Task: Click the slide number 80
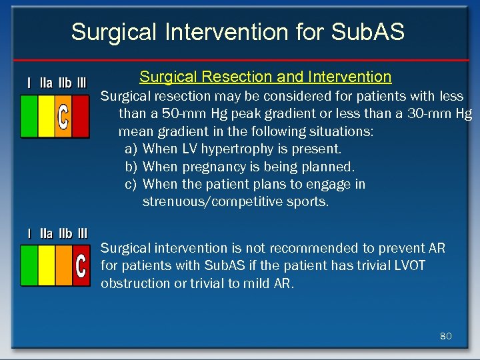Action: click(x=446, y=336)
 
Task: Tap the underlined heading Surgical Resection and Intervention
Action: click(x=265, y=77)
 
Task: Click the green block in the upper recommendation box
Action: click(x=29, y=116)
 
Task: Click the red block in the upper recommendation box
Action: click(x=81, y=116)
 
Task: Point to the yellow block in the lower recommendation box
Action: click(x=47, y=265)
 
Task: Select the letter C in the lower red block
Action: click(x=81, y=266)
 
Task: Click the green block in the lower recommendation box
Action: click(x=29, y=265)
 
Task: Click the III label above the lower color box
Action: click(x=82, y=233)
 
